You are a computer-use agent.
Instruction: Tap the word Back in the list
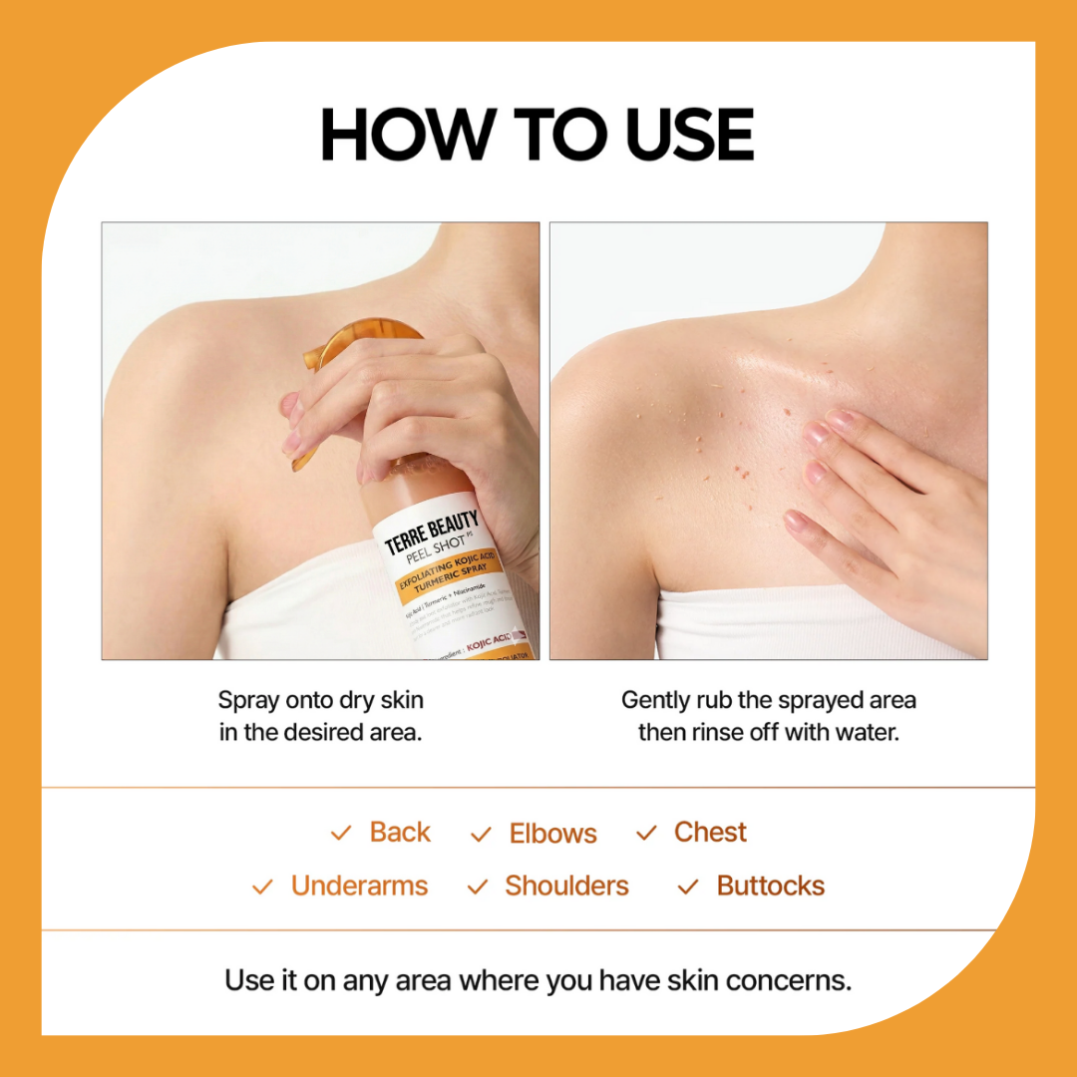(400, 833)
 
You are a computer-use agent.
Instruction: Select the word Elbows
(552, 834)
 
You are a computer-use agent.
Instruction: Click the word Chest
(710, 833)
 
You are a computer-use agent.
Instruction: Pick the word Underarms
(359, 886)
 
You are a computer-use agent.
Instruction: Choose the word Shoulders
(566, 886)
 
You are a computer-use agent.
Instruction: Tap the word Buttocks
(770, 886)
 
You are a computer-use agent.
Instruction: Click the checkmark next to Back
(341, 834)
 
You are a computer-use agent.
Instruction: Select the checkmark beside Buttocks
(688, 887)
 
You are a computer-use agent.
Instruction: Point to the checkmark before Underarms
(262, 887)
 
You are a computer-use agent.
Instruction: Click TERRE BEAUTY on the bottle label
(433, 531)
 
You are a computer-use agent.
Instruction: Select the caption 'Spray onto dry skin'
(320, 700)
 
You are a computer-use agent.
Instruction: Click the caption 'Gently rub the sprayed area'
(768, 700)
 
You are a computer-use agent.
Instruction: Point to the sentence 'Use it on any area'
(538, 980)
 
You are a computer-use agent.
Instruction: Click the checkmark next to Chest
(647, 833)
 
